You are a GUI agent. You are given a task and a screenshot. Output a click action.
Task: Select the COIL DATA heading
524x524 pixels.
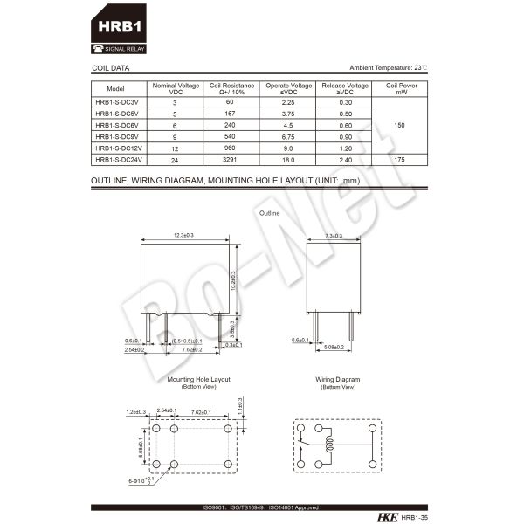tap(110, 67)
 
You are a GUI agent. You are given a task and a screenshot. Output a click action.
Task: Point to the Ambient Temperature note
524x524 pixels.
tap(389, 67)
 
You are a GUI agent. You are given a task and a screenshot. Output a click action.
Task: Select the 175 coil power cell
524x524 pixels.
tap(400, 160)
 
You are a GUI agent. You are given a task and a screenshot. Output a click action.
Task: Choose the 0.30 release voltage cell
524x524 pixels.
tap(346, 102)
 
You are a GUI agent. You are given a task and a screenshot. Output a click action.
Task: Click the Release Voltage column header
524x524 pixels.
tap(346, 88)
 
